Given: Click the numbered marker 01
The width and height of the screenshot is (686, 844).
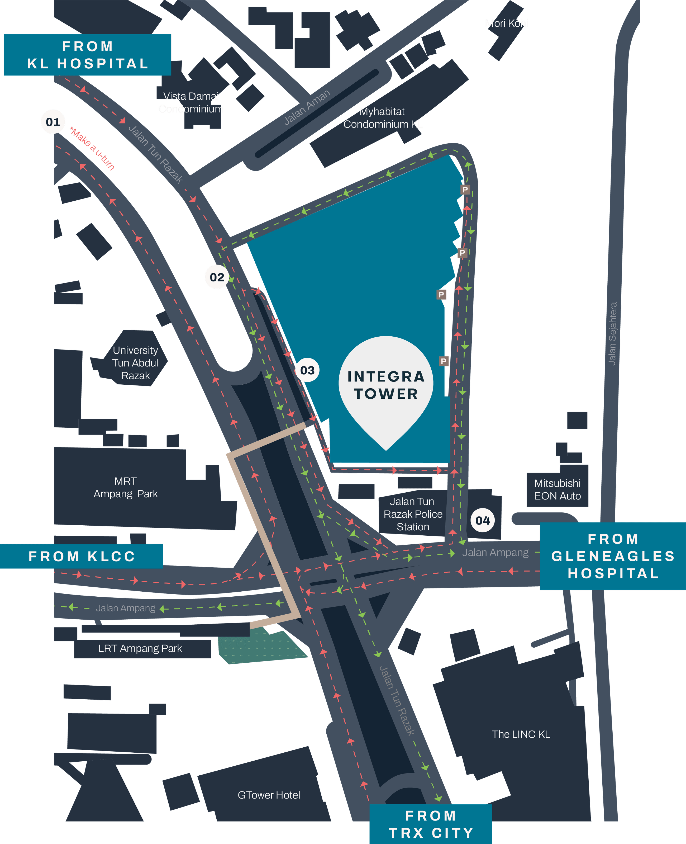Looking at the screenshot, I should (x=53, y=122).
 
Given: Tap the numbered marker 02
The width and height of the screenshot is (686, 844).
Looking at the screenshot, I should (x=217, y=277).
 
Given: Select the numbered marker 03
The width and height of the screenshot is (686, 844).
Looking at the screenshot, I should (x=307, y=370).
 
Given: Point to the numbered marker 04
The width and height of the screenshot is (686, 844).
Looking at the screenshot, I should (x=483, y=520).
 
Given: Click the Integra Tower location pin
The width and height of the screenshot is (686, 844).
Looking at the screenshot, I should (x=386, y=385).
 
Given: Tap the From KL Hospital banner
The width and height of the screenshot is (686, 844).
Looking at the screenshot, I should (x=87, y=55).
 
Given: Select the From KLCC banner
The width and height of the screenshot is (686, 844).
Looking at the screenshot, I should (x=82, y=556).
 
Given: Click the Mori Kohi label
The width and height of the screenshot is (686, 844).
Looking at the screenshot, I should (x=506, y=23).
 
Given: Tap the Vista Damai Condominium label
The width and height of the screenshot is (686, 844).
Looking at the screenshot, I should (x=191, y=102).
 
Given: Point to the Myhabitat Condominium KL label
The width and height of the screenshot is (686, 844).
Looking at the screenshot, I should (x=383, y=118).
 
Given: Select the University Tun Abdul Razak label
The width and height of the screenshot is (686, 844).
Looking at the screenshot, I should (x=135, y=363).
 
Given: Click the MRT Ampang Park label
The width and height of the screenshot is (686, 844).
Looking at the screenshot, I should (x=125, y=487).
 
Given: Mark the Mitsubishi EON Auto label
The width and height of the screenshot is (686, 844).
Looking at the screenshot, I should (x=557, y=489).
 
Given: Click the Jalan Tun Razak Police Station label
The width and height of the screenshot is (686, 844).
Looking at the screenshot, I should (x=413, y=514).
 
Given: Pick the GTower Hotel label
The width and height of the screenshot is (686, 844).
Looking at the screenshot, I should (x=269, y=795).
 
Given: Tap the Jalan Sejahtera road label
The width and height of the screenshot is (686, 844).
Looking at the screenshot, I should (x=612, y=334).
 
